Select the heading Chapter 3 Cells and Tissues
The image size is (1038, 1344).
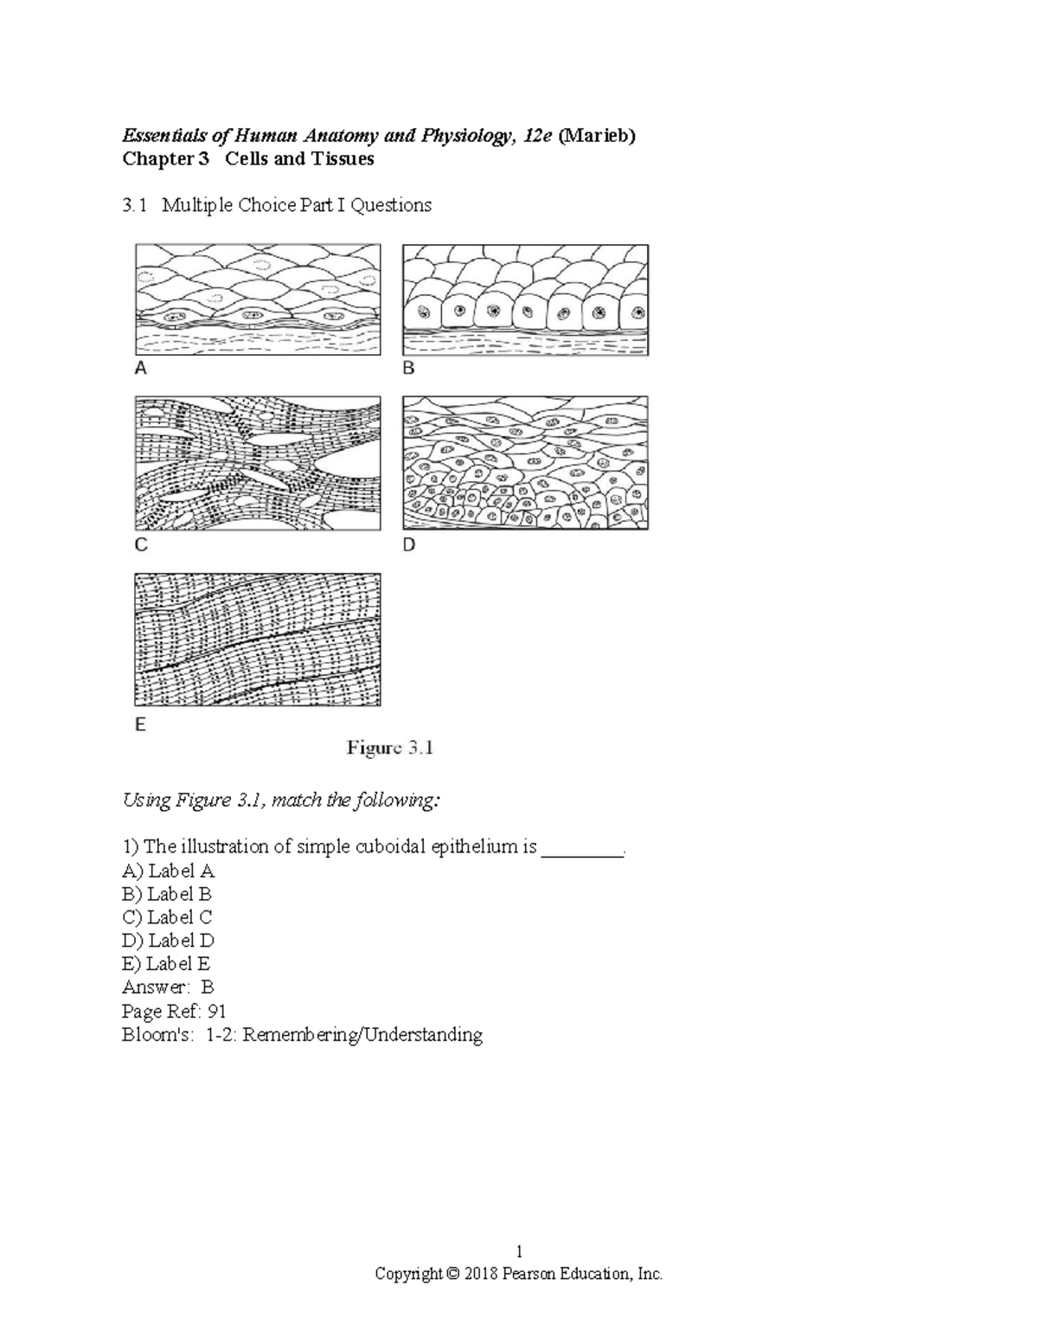coord(248,159)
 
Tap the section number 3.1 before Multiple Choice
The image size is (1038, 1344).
coord(135,206)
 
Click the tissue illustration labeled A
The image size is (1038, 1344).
coord(258,299)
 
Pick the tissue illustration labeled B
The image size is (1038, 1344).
coord(526,299)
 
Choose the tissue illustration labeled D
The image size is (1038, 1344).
coord(526,463)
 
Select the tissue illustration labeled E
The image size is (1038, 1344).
coord(258,640)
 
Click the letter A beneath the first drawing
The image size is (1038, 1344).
coord(140,369)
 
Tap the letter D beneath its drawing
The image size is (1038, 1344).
coord(409,545)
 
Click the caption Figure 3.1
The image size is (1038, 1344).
coord(390,749)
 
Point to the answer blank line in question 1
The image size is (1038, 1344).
coord(582,847)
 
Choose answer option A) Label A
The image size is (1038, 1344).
coord(169,871)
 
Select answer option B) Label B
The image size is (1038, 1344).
coord(168,894)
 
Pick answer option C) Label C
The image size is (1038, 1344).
coord(168,917)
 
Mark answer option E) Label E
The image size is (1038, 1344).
coord(167,964)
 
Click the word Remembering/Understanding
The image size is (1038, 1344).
coord(362,1035)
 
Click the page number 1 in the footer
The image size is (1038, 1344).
coord(519,1251)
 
